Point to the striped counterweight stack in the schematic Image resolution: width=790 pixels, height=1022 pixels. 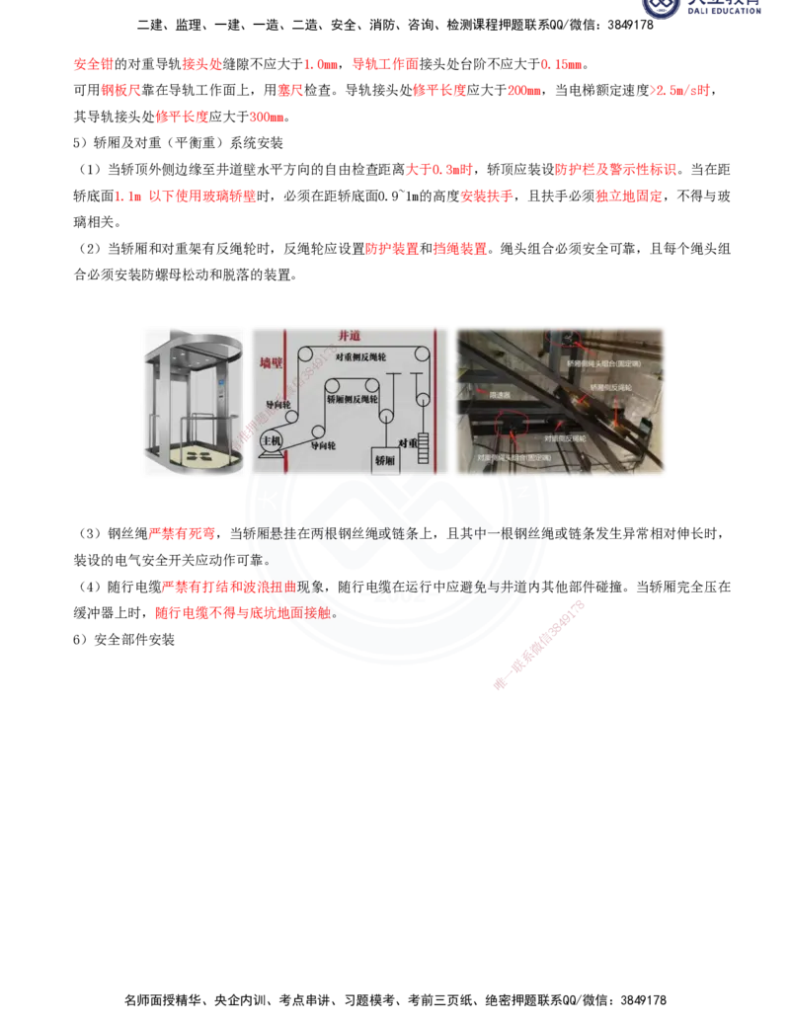click(427, 449)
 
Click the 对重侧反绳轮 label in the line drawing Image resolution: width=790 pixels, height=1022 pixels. click(367, 357)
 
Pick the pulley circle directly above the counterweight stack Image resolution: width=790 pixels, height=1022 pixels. click(424, 400)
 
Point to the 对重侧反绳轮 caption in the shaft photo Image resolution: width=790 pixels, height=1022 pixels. click(565, 436)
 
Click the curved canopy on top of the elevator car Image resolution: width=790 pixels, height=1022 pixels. click(192, 343)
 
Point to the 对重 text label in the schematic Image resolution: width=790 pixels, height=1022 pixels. click(409, 442)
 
